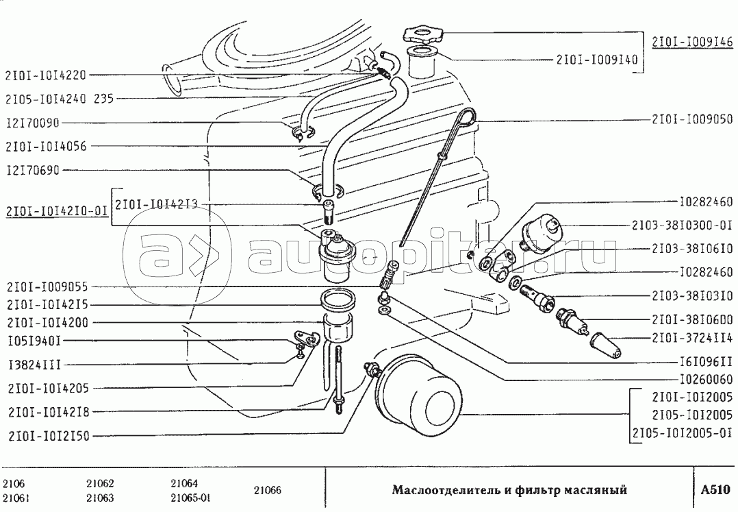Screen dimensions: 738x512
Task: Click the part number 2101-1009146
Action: (692, 42)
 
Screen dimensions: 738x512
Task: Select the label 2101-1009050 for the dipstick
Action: (692, 120)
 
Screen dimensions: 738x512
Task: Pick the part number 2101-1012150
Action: (49, 436)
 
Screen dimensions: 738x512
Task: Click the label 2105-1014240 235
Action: (60, 99)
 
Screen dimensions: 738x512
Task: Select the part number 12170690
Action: (34, 170)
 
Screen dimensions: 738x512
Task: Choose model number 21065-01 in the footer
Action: (190, 498)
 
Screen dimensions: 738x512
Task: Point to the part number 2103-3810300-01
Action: (683, 225)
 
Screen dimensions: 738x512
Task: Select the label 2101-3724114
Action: (692, 338)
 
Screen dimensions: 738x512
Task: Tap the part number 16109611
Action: (706, 362)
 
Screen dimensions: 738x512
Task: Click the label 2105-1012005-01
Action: (683, 433)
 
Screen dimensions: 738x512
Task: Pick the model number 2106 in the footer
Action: (14, 484)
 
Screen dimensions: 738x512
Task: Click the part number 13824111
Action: (34, 365)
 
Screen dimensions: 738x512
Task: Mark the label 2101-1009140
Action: (597, 60)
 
